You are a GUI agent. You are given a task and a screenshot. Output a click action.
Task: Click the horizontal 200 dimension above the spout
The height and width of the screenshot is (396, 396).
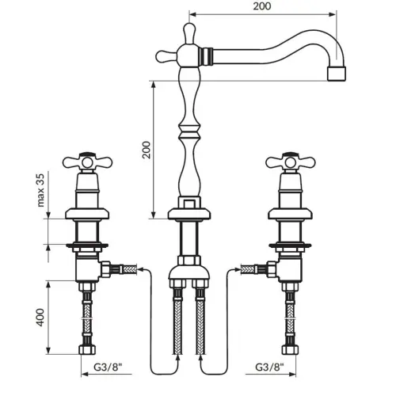point(262,6)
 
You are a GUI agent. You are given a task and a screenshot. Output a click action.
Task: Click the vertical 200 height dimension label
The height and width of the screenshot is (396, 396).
point(147,150)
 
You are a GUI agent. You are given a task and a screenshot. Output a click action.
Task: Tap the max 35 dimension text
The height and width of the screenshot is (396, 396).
point(41,190)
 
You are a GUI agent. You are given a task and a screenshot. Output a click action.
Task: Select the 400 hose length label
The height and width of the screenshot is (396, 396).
point(40,317)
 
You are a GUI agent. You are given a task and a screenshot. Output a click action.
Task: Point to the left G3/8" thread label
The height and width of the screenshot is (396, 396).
point(108,367)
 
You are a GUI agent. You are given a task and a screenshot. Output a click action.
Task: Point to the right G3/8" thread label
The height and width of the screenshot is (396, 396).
point(269,367)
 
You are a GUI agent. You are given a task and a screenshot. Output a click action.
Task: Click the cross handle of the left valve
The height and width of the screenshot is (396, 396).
point(87,162)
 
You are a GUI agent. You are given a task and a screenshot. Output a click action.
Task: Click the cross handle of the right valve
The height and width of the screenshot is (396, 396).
point(291,162)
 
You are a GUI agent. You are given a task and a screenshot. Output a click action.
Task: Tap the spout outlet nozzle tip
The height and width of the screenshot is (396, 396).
point(337,74)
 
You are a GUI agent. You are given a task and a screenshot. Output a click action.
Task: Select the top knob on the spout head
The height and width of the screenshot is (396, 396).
point(189,32)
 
